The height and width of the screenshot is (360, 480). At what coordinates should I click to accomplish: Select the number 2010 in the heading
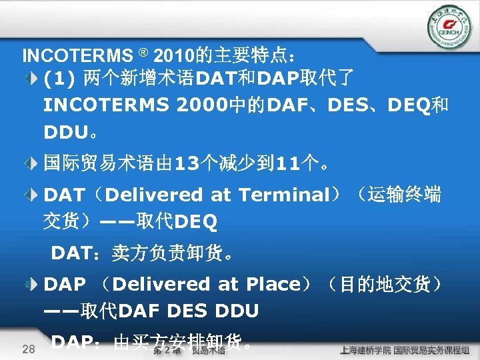pyautogui.click(x=173, y=54)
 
